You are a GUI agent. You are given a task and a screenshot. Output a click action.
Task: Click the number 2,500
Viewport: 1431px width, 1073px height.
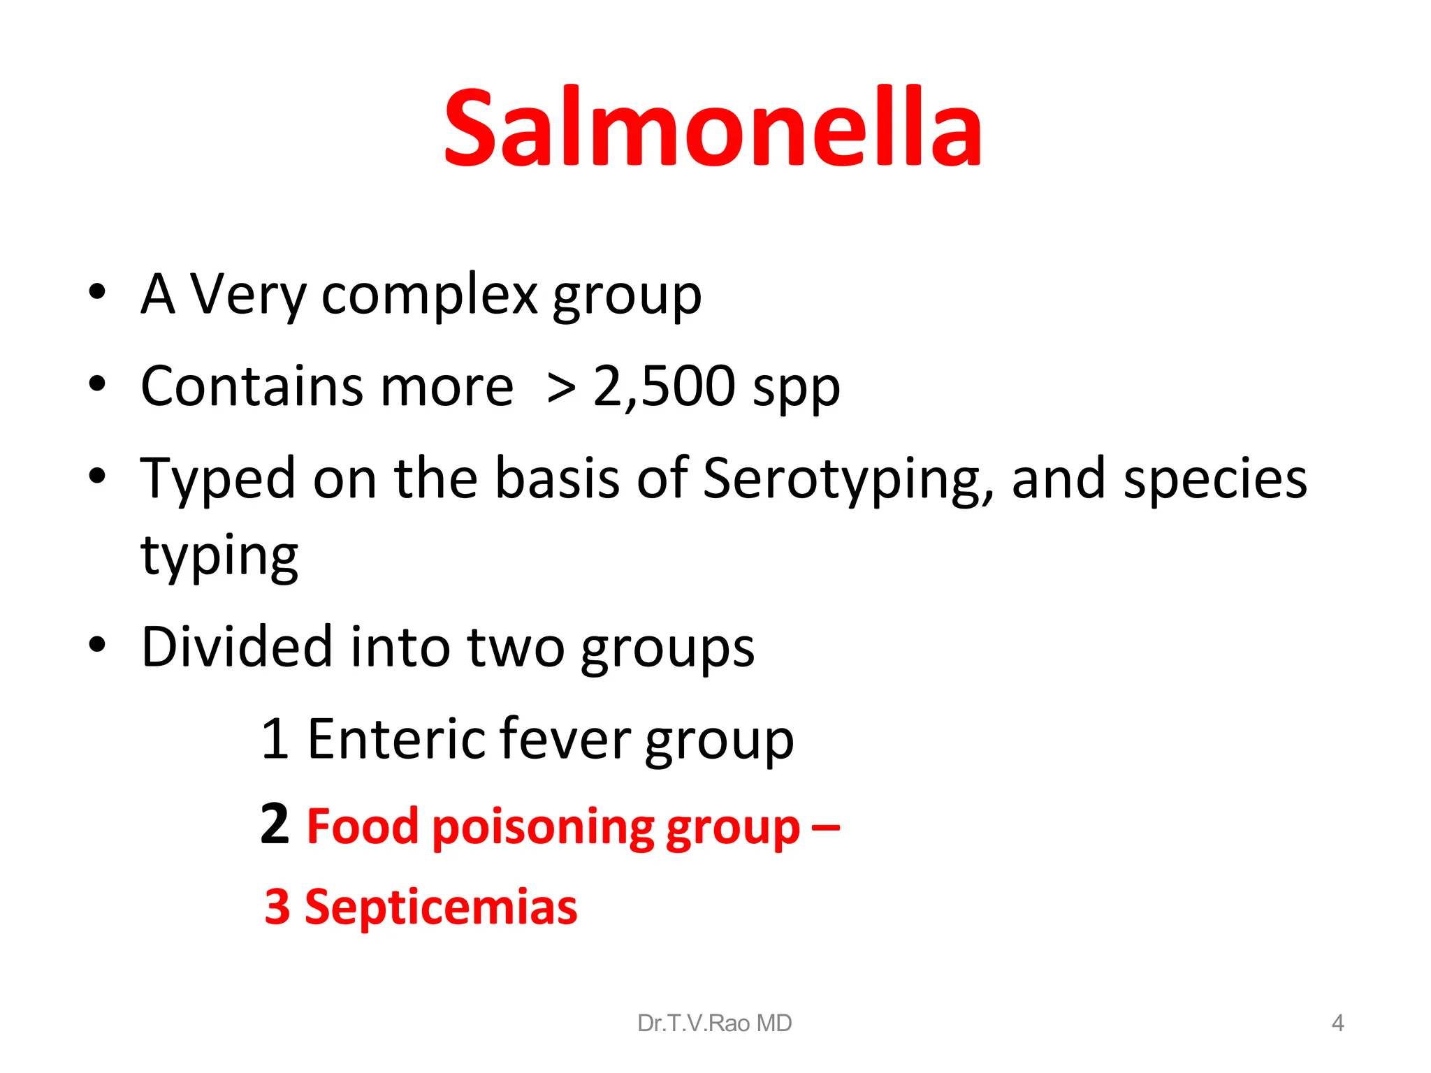pyautogui.click(x=664, y=386)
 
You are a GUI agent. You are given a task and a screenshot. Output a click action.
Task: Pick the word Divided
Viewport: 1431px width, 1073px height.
pyautogui.click(x=236, y=647)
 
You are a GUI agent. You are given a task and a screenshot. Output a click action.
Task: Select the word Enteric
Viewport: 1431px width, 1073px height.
pyautogui.click(x=395, y=739)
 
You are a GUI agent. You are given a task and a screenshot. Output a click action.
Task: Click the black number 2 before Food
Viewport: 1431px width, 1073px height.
pyautogui.click(x=275, y=824)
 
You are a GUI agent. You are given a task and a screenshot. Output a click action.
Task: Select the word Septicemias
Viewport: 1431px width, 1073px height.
pyautogui.click(x=441, y=907)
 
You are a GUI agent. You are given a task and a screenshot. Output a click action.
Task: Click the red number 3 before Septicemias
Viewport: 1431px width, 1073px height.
pyautogui.click(x=277, y=907)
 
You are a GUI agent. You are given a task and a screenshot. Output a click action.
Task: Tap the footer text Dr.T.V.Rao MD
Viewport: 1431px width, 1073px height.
pyautogui.click(x=714, y=1023)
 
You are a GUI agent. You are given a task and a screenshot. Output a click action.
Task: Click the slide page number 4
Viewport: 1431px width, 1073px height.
pyautogui.click(x=1337, y=1023)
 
